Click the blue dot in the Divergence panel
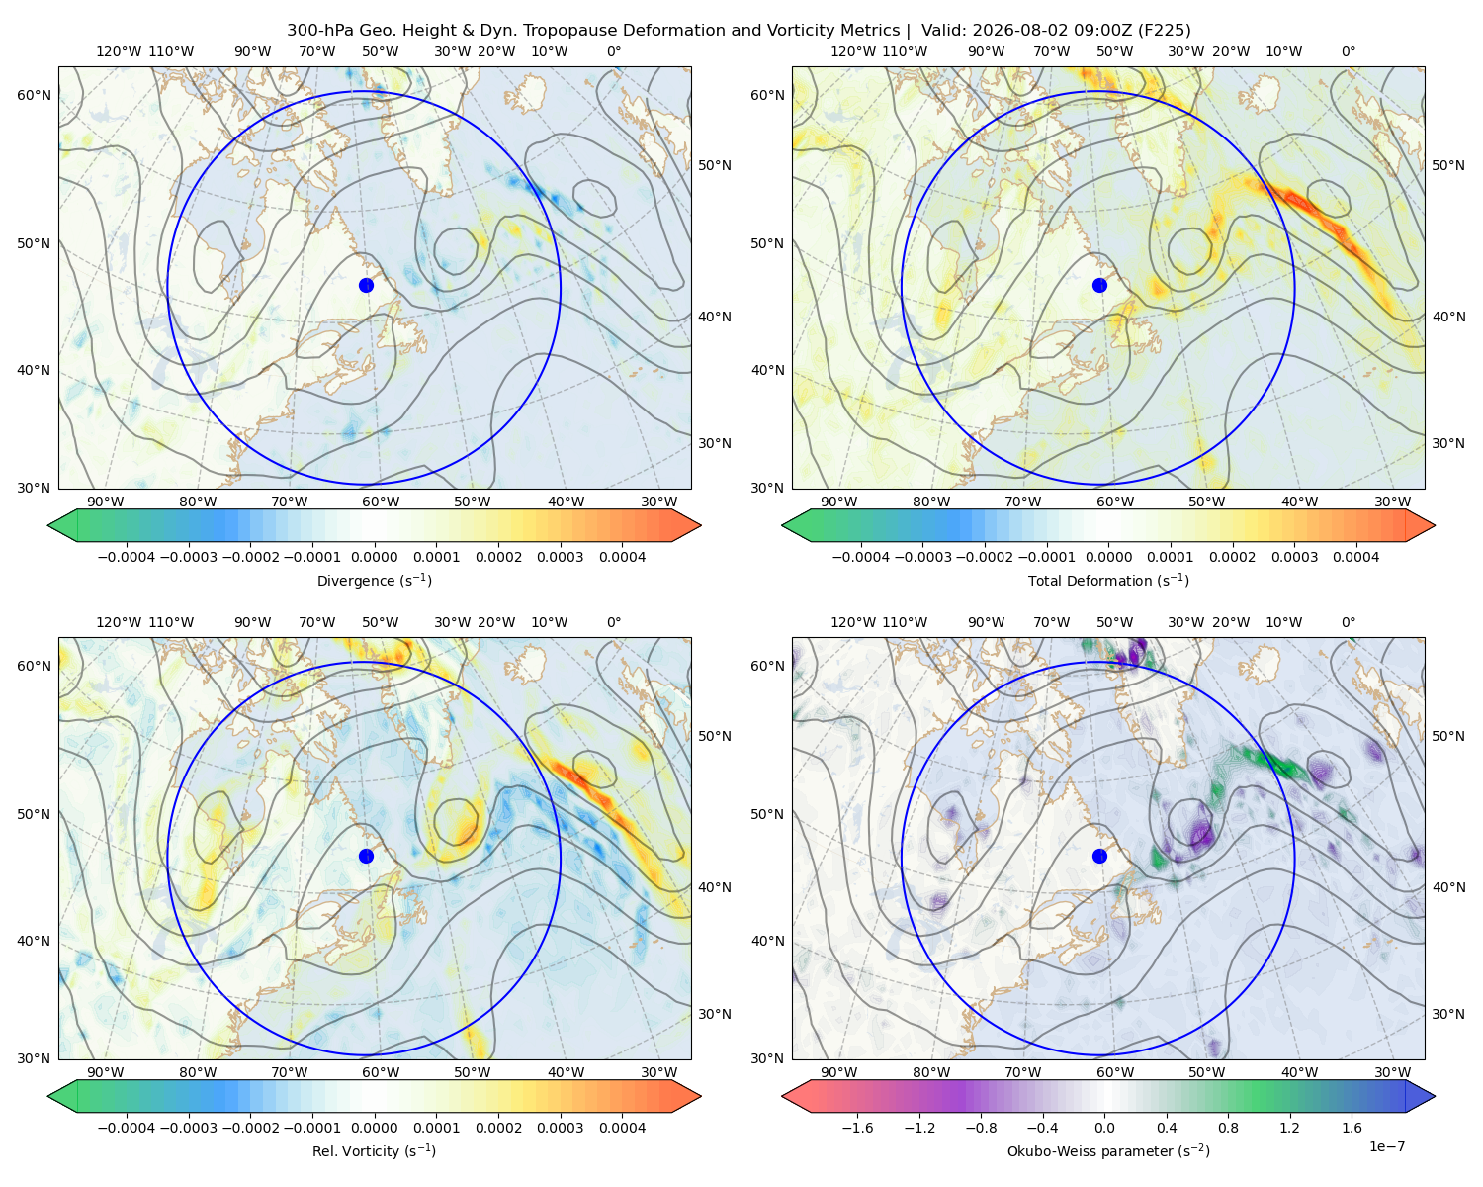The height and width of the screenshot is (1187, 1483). pos(366,286)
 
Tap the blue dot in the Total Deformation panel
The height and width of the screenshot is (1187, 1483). pos(1099,286)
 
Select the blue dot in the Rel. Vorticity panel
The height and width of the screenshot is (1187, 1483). pos(366,856)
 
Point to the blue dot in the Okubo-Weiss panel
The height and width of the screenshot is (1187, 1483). pos(1099,856)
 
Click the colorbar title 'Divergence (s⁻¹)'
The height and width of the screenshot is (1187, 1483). pos(374,580)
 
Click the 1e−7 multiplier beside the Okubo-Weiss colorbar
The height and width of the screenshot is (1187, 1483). pos(1386,1146)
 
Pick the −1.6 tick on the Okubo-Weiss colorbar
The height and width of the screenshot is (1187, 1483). pos(857,1128)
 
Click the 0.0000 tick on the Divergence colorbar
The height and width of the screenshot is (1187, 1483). pos(374,557)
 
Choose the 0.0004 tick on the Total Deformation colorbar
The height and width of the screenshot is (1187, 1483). pos(1355,557)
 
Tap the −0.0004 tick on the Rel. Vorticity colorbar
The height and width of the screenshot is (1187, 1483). pos(127,1128)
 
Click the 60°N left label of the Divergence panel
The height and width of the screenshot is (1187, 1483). pos(34,95)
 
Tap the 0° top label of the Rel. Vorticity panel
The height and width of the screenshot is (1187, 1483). pos(614,622)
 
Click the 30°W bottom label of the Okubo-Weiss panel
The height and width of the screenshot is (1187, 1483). pos(1392,1072)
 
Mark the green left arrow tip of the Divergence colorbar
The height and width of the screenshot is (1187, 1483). pos(48,525)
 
